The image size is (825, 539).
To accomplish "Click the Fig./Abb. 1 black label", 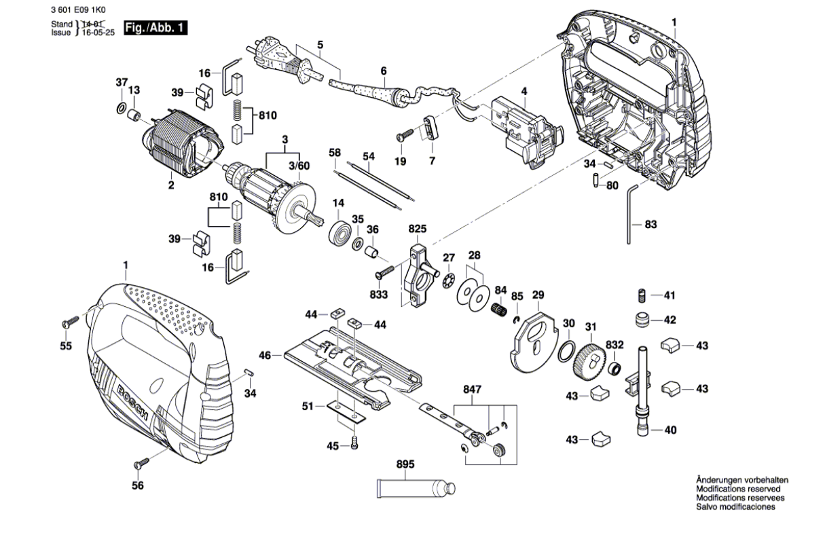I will pyautogui.click(x=155, y=29).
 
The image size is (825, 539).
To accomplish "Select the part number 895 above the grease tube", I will pyautogui.click(x=405, y=465).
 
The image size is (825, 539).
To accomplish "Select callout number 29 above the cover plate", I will pyautogui.click(x=538, y=295).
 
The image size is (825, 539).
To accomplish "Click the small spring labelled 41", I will pyautogui.click(x=640, y=295).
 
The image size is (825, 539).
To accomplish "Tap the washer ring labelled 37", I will pyautogui.click(x=120, y=107).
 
